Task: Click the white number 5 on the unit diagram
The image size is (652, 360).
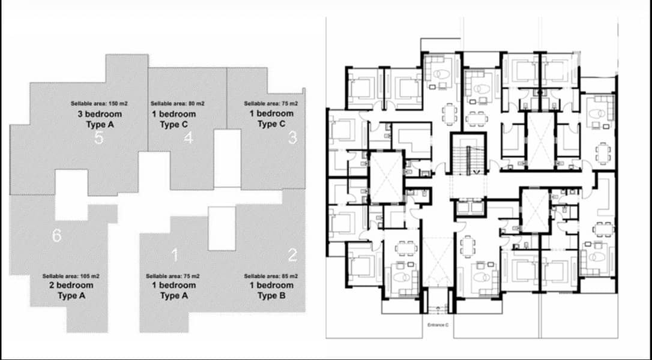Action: [98, 137]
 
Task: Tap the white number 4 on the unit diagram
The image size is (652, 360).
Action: [189, 137]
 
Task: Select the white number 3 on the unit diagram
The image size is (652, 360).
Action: [293, 137]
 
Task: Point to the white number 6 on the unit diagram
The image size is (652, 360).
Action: [56, 236]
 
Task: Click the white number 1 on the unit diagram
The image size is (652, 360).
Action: [175, 255]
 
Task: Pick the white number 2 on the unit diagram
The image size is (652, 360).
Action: [293, 255]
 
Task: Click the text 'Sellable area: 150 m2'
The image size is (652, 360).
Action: [99, 104]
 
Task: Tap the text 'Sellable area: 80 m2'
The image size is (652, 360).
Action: [178, 104]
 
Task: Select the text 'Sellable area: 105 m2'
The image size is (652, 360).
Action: [71, 276]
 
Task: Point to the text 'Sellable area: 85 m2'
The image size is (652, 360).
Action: [271, 276]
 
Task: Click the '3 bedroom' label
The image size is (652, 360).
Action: [100, 114]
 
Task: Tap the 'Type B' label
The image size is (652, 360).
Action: [271, 296]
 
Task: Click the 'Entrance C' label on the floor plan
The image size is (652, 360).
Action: [438, 325]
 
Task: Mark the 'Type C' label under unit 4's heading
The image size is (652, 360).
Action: [174, 124]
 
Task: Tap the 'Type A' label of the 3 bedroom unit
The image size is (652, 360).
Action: [100, 124]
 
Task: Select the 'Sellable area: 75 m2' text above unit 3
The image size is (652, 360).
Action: [271, 104]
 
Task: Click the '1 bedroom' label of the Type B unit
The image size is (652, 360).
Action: [271, 285]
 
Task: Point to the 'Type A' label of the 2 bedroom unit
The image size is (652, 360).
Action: [71, 296]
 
